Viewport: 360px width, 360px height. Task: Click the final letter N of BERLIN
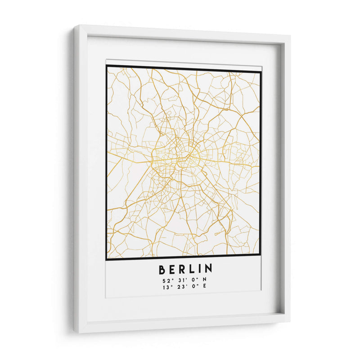tap(208, 269)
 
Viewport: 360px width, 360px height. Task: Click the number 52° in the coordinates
tap(166, 281)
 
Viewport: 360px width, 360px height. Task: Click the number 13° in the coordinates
tap(166, 287)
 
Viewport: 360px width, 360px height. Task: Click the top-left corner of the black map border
tap(107, 66)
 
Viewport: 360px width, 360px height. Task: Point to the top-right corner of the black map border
tap(261, 71)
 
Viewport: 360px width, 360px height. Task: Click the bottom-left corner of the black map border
tap(107, 260)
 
